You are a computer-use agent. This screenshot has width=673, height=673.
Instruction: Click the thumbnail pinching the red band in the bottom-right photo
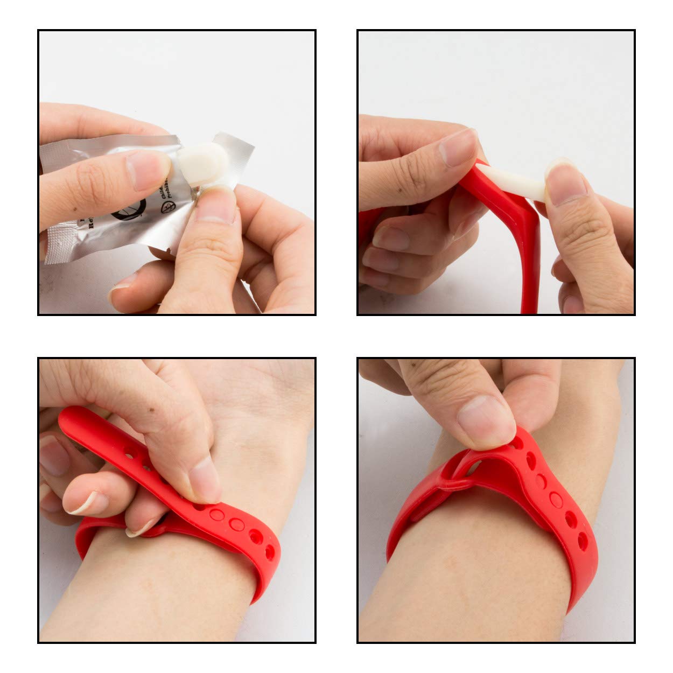pos(485,420)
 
